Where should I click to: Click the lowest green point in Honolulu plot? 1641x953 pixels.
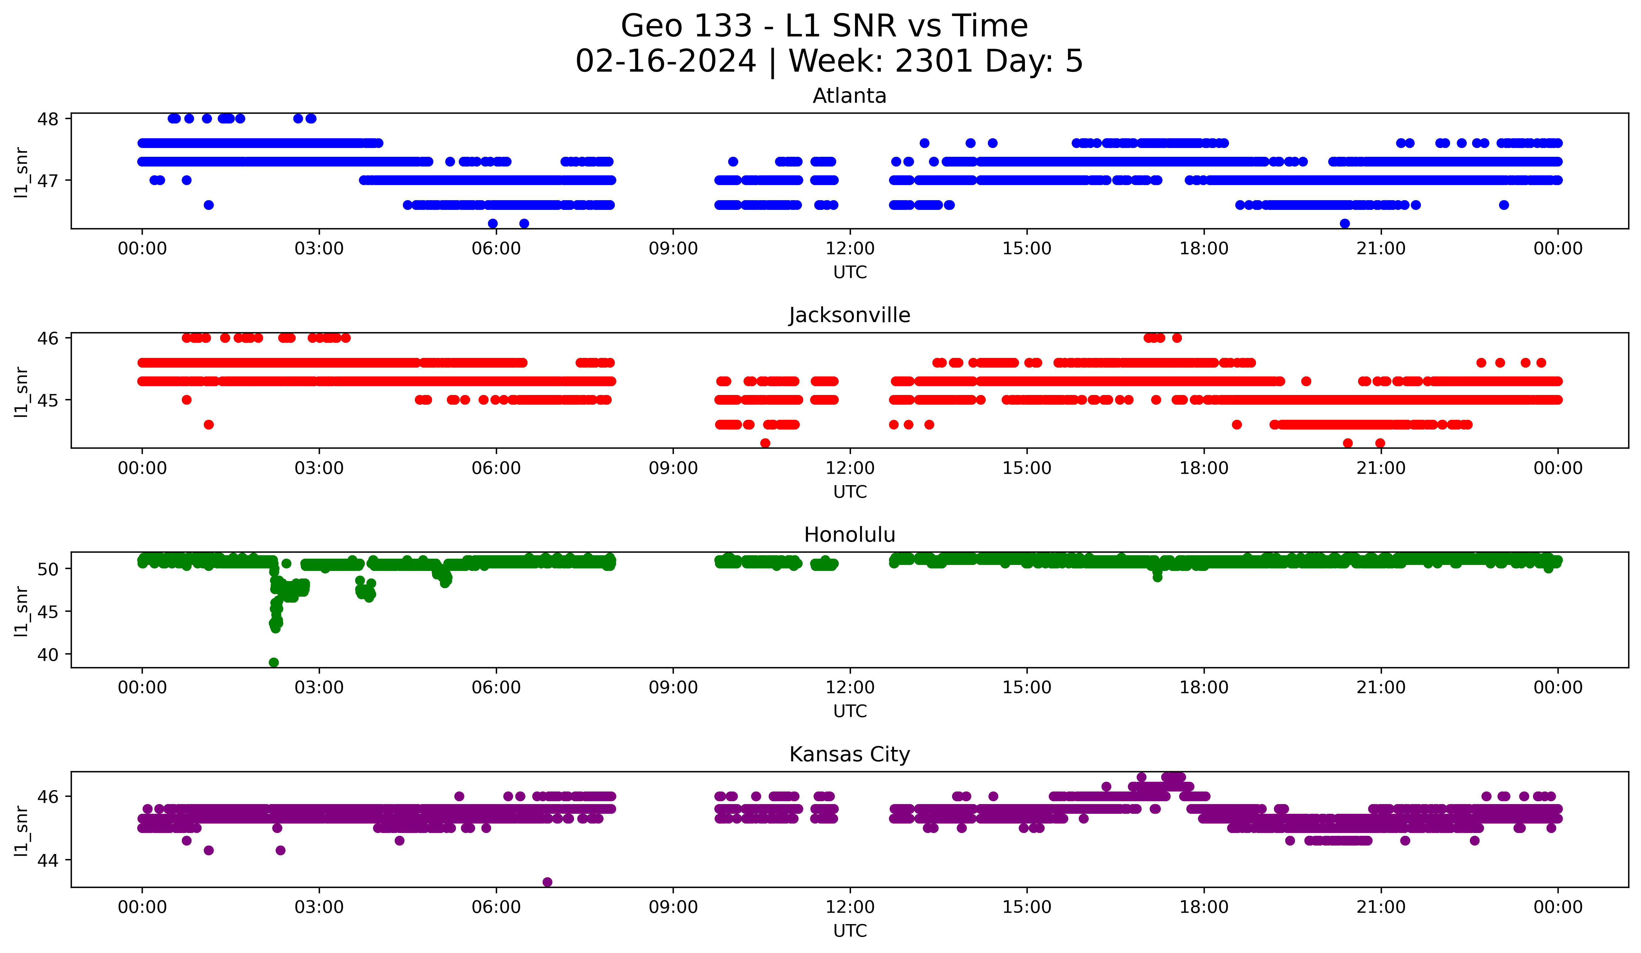point(273,662)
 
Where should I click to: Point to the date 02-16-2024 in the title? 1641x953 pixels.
point(665,61)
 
